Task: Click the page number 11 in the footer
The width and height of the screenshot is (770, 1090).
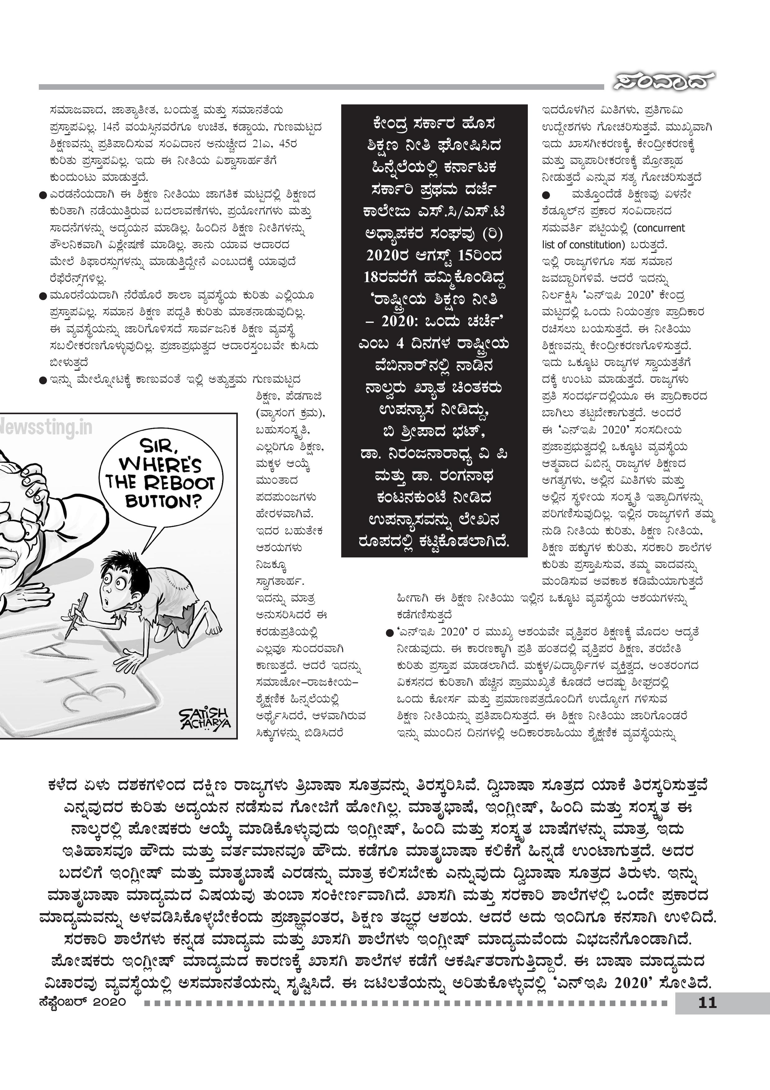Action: [707, 1003]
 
